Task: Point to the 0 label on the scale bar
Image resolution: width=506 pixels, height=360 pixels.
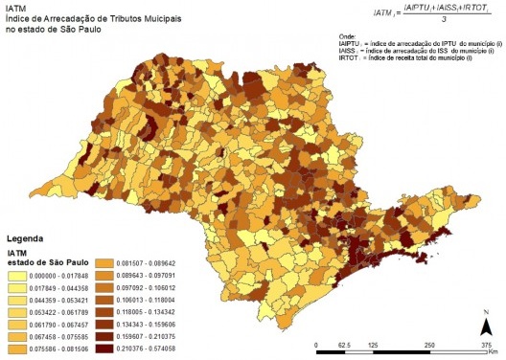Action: click(317, 344)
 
